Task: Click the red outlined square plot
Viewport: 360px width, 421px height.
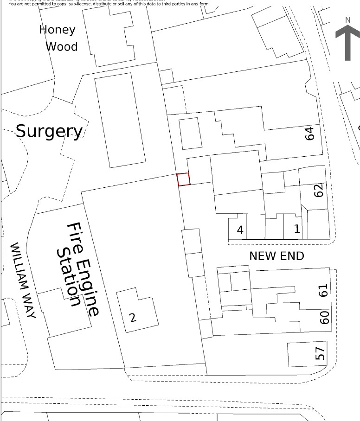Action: point(184,179)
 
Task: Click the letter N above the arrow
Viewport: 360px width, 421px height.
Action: point(347,20)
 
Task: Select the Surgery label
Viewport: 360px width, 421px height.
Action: point(49,131)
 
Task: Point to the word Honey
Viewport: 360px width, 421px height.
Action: point(57,30)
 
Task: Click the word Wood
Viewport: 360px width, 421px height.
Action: point(62,47)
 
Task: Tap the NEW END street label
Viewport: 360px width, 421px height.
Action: point(276,256)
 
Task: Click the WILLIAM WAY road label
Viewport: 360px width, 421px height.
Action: point(23,281)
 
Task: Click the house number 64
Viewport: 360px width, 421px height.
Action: point(310,133)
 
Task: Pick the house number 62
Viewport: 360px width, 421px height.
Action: point(318,191)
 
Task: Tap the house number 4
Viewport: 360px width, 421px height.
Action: point(240,230)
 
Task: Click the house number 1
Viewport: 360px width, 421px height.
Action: point(297,229)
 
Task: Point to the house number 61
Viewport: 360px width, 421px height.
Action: point(324,290)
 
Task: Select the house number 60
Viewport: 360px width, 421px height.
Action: point(325,317)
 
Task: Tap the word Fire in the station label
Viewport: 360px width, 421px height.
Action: point(75,239)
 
